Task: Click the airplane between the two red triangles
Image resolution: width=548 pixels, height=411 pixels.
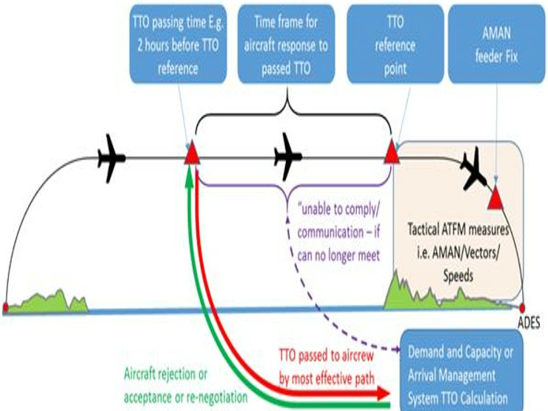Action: [288, 156]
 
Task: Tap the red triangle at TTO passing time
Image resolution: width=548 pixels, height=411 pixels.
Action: [191, 154]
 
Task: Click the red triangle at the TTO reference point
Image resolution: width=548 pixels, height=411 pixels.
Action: [392, 154]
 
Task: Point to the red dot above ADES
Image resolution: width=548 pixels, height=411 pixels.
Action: [523, 307]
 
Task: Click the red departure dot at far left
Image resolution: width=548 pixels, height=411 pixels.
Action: [6, 307]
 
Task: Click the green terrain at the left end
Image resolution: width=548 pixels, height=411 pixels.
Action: [44, 301]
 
